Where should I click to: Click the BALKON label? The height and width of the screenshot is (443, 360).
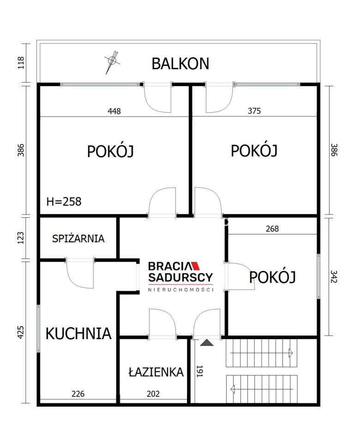(x=180, y=63)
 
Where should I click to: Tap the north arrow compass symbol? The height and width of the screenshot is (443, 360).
(x=111, y=60)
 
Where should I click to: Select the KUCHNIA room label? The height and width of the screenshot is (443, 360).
(x=78, y=333)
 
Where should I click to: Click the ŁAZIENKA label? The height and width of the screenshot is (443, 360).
(x=156, y=372)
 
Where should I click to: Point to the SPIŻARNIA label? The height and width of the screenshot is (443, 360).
(x=78, y=239)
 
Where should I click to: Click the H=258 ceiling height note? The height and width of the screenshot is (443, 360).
(x=64, y=201)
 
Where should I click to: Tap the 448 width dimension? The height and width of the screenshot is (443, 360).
(x=114, y=111)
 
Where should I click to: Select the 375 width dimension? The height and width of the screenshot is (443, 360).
(x=254, y=111)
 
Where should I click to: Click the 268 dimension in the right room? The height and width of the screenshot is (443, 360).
(x=272, y=228)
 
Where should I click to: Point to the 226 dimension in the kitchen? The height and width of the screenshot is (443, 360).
(x=78, y=394)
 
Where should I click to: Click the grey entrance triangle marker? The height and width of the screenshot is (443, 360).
(x=207, y=342)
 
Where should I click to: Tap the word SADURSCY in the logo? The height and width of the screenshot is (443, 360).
(x=180, y=277)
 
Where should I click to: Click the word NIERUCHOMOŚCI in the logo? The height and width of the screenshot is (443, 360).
(x=180, y=289)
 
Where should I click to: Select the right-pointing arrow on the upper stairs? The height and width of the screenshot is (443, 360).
(x=291, y=353)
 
